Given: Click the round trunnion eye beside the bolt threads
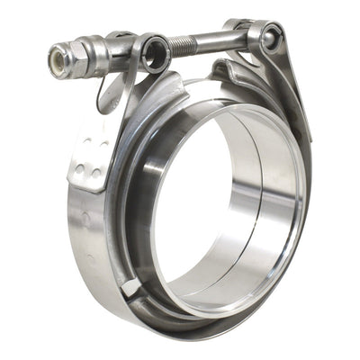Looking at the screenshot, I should coord(155,51).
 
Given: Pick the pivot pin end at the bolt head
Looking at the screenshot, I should coord(268,36).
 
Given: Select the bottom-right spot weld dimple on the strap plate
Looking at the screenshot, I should coord(94,171).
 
